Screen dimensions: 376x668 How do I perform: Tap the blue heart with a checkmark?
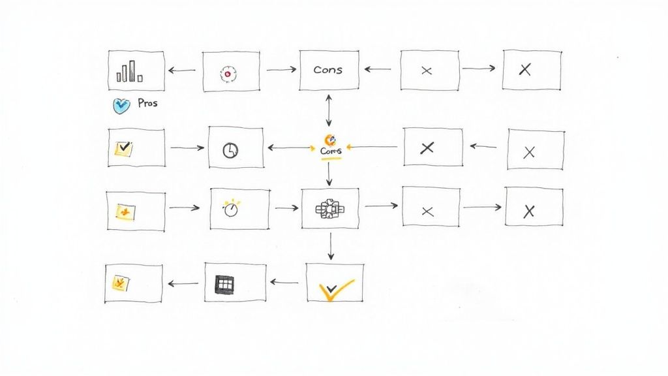[x=121, y=104]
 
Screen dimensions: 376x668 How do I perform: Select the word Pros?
[x=147, y=103]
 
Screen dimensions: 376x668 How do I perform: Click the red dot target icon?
[x=227, y=74]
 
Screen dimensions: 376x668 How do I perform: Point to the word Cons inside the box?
[x=327, y=70]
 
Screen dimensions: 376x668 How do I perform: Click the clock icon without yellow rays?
[x=230, y=150]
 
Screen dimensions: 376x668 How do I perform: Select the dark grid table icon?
[x=224, y=283]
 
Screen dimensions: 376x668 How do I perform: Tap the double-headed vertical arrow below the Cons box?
[x=329, y=108]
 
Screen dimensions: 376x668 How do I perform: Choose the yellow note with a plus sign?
[x=125, y=211]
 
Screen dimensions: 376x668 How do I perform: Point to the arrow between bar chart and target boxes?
[x=181, y=70]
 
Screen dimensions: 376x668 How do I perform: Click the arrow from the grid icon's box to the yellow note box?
[x=183, y=283]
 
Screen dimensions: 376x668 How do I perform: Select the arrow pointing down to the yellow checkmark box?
[x=331, y=246]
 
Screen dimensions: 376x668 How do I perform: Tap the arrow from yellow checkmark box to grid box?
[x=284, y=283]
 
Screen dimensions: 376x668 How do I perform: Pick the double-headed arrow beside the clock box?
[x=290, y=148]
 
